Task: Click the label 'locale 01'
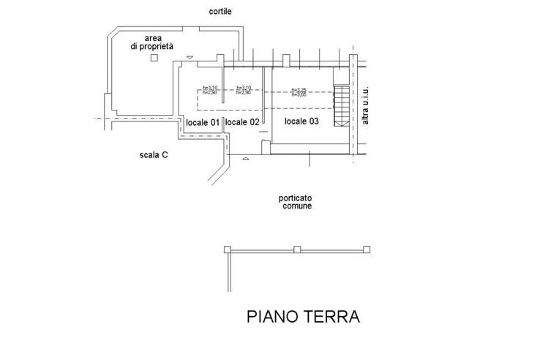tap(203, 121)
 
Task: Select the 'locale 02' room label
tap(242, 121)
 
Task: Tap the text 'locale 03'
tap(302, 121)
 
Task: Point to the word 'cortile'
tap(221, 12)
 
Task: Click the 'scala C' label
tap(154, 154)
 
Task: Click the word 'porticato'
tap(296, 198)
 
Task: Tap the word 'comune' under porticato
tap(297, 206)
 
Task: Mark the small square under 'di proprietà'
tap(153, 58)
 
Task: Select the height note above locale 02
tap(244, 91)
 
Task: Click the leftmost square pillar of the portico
tap(228, 250)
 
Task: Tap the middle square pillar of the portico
tap(297, 250)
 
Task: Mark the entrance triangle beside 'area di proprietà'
tap(190, 57)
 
